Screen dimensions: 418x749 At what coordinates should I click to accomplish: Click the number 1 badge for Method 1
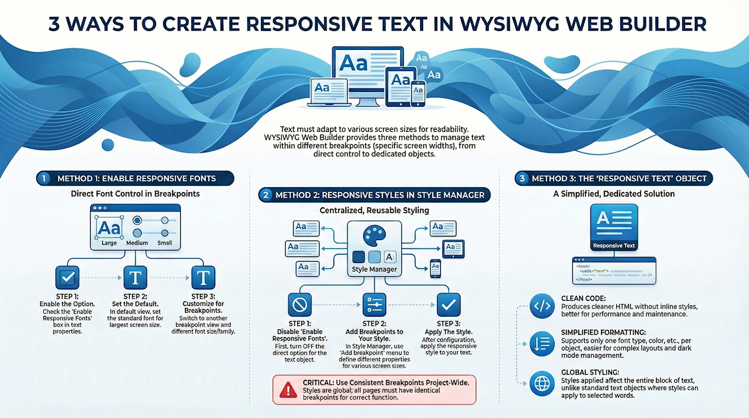tap(43, 179)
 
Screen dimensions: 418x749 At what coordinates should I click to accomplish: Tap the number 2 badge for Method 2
tap(266, 195)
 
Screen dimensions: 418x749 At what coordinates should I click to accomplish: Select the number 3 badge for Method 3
tap(521, 179)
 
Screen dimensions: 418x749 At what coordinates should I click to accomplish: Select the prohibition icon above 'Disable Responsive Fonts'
tap(300, 305)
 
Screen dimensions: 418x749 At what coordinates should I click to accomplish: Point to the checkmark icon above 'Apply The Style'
tap(449, 305)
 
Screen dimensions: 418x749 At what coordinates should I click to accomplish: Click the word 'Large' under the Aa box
tap(109, 242)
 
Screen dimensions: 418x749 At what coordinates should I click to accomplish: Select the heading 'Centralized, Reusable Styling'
tap(374, 210)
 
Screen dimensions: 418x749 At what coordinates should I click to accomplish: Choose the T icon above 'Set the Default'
tap(136, 277)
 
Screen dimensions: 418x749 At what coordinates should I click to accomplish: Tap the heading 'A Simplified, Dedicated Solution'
tap(614, 194)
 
